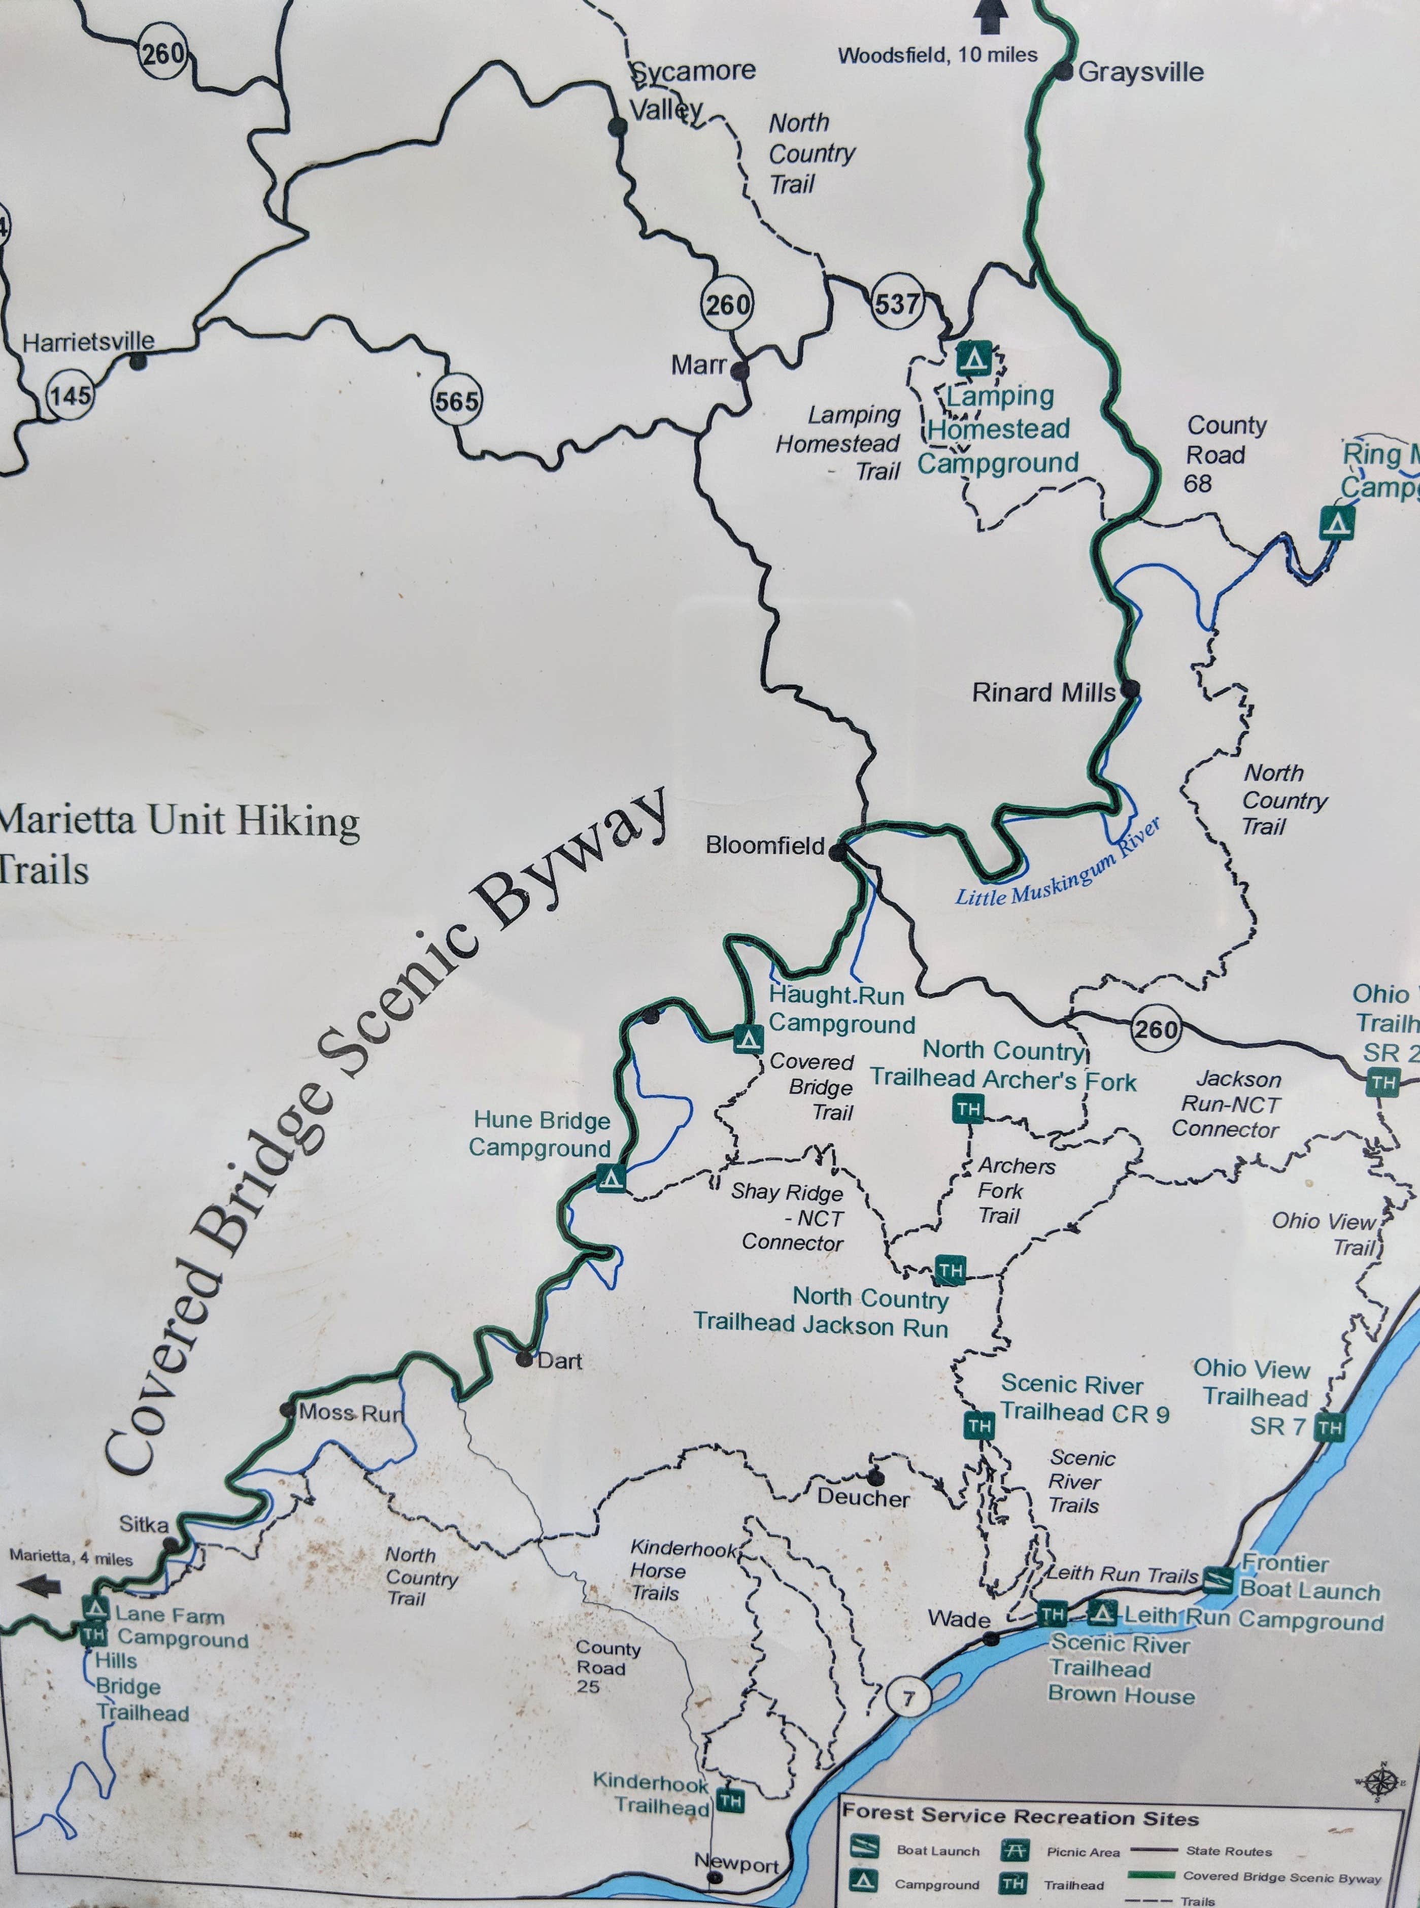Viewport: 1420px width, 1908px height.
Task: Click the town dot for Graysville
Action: (x=1064, y=72)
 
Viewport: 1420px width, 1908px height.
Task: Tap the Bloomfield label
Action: (x=765, y=846)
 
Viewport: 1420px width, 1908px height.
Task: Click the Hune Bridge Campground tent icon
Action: (x=611, y=1178)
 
